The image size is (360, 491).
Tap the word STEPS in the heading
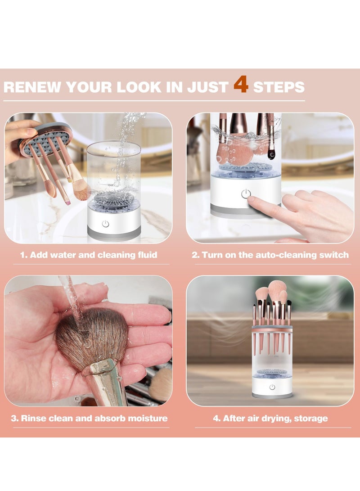point(279,87)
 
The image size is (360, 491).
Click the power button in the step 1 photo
point(105,224)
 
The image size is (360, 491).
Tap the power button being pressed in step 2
point(245,194)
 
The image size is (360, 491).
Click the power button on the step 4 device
point(272,387)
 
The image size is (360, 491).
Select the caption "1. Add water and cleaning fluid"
point(89,255)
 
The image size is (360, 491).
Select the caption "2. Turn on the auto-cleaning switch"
point(270,255)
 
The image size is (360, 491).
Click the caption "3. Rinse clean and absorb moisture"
point(89,419)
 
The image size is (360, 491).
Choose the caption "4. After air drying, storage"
point(270,419)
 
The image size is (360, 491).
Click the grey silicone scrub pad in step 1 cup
point(110,201)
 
